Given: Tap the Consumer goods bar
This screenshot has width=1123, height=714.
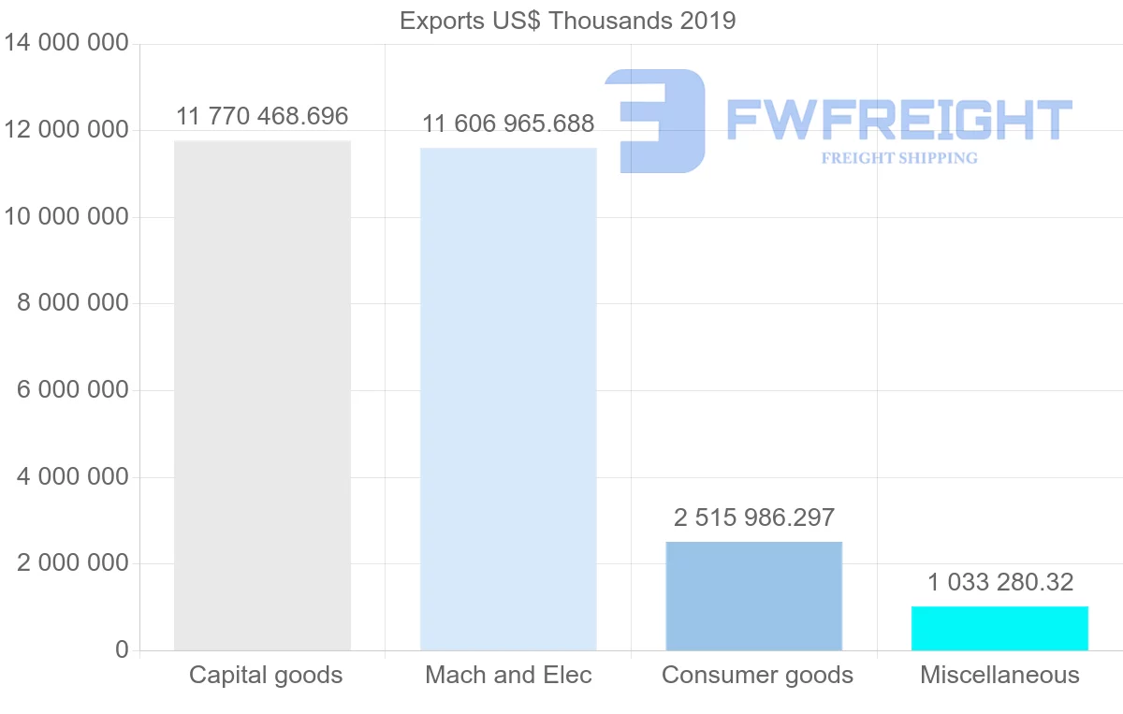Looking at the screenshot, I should pyautogui.click(x=754, y=595).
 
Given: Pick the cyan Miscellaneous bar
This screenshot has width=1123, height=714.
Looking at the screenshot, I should pyautogui.click(x=999, y=628).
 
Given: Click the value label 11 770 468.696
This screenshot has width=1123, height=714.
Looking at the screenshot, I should pyautogui.click(x=262, y=117).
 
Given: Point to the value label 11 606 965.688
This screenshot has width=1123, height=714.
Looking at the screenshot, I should pyautogui.click(x=508, y=124).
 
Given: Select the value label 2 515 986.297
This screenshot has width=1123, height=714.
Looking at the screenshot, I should pyautogui.click(x=754, y=517).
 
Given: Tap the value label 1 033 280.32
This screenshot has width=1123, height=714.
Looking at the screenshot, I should pyautogui.click(x=999, y=582).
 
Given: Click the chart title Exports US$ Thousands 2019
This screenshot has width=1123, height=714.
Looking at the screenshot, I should pyautogui.click(x=568, y=21).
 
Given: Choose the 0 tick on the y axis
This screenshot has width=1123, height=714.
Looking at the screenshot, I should pyautogui.click(x=122, y=649).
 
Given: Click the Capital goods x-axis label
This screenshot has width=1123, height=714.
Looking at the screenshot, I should pyautogui.click(x=266, y=675).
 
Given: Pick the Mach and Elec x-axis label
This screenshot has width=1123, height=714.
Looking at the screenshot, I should pyautogui.click(x=508, y=675).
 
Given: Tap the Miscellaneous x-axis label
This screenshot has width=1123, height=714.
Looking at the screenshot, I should pyautogui.click(x=999, y=675).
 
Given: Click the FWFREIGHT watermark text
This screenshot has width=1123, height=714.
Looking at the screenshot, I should pyautogui.click(x=898, y=120).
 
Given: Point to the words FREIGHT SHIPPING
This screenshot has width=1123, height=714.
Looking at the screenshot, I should pyautogui.click(x=899, y=158).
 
